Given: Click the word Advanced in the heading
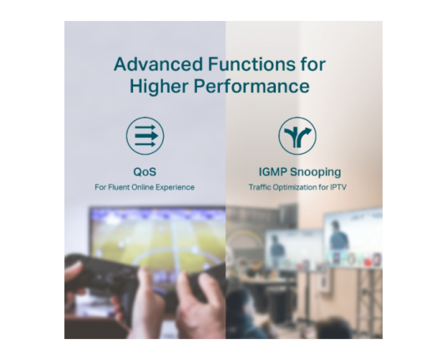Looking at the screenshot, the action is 158,63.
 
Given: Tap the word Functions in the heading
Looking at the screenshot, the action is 251,63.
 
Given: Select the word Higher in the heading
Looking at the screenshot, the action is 159,86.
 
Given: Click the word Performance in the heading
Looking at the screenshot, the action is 251,86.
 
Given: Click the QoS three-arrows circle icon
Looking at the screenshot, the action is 145,136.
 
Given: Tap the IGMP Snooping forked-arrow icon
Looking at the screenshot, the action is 297,136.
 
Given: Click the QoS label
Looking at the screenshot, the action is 145,172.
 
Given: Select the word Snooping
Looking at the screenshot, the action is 316,172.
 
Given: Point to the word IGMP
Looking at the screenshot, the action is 273,172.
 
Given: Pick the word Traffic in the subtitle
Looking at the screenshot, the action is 260,187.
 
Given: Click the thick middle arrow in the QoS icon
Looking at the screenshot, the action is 146,135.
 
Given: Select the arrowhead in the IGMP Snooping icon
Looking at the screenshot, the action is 307,131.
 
